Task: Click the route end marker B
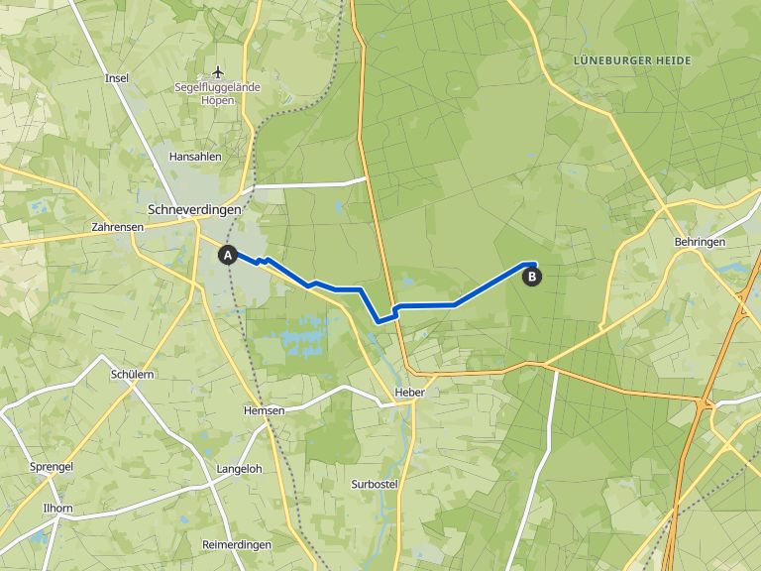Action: [x=532, y=277]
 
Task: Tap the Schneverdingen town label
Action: [x=193, y=210]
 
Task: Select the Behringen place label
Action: [x=700, y=242]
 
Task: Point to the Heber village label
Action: [x=408, y=393]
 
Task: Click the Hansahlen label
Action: [x=195, y=157]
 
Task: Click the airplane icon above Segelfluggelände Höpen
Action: [x=219, y=71]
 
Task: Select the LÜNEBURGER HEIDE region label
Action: [x=631, y=61]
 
